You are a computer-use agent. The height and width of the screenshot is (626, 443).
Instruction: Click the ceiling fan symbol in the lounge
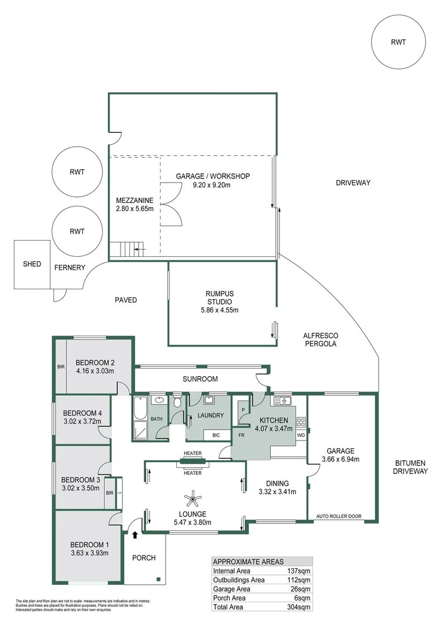pyautogui.click(x=192, y=497)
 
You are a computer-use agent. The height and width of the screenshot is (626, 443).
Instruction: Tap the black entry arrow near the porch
pyautogui.click(x=136, y=535)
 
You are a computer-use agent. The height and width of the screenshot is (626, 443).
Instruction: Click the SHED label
pyautogui.click(x=32, y=264)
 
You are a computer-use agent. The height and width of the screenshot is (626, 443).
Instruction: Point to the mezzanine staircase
pyautogui.click(x=129, y=250)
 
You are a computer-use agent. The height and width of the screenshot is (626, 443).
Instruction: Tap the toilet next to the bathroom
pyautogui.click(x=177, y=401)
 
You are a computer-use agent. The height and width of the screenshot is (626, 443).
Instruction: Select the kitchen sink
pyautogui.click(x=282, y=401)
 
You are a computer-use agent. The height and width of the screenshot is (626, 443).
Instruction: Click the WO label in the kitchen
pyautogui.click(x=301, y=435)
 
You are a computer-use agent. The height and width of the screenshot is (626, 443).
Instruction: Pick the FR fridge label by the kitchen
pyautogui.click(x=240, y=435)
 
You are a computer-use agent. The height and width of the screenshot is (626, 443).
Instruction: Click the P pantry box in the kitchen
pyautogui.click(x=242, y=409)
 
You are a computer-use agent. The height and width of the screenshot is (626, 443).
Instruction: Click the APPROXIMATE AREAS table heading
pyautogui.click(x=248, y=562)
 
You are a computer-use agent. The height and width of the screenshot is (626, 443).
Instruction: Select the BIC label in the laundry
pyautogui.click(x=216, y=435)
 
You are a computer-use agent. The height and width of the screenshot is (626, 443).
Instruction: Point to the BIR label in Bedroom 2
pyautogui.click(x=60, y=367)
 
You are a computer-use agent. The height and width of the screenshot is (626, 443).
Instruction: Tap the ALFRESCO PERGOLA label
pyautogui.click(x=321, y=340)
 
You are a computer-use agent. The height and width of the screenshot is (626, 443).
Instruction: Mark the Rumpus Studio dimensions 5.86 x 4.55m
pyautogui.click(x=220, y=310)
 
